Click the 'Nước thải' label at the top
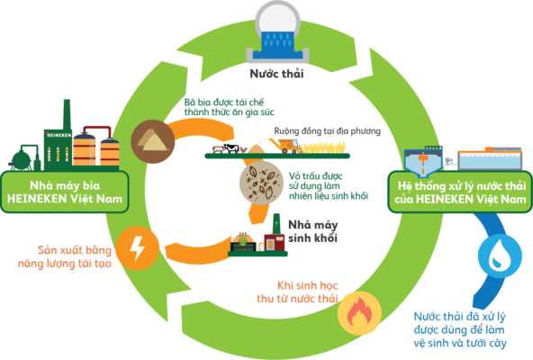tap(276, 74)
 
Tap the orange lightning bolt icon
tap(138, 248)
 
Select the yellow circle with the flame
tap(359, 313)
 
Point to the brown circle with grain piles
tap(153, 141)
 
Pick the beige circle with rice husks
tap(261, 183)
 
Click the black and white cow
tap(231, 148)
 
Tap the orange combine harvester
tap(287, 146)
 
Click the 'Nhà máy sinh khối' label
tap(313, 231)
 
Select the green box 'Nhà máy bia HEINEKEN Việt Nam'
tap(65, 192)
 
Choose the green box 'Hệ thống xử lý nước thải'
tap(460, 192)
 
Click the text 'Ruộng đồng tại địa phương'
tap(328, 130)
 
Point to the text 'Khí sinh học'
tap(308, 285)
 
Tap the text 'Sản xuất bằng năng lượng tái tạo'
tap(65, 256)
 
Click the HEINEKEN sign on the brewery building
tap(59, 135)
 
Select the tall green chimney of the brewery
tap(67, 114)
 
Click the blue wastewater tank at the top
tap(277, 46)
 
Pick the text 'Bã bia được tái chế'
tap(224, 102)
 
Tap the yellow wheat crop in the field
tap(325, 148)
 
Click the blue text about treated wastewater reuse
tap(460, 329)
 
